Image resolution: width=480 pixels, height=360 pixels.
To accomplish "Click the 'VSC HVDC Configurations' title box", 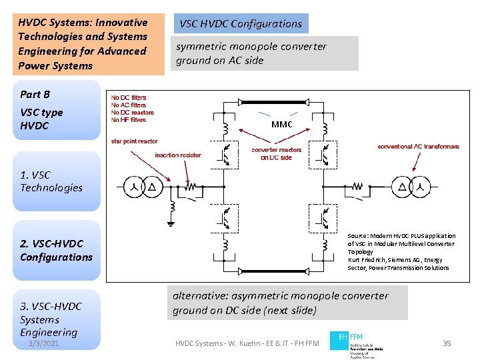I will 240,24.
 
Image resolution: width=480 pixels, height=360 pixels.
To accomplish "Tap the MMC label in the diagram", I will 281,125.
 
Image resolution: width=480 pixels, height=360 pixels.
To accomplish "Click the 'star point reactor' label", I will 135,141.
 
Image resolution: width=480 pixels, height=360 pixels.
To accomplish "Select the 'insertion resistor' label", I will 177,155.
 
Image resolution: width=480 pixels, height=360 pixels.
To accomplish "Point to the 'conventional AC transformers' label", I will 418,147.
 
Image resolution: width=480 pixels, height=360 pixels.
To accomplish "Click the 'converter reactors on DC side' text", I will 276,153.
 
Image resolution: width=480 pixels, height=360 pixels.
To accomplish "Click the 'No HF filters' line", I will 129,120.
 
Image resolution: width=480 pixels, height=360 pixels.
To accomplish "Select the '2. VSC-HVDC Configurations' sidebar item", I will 56,250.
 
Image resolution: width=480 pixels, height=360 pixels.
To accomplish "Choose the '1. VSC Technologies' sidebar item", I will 51,181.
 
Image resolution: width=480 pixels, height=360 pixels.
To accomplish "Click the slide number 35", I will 447,343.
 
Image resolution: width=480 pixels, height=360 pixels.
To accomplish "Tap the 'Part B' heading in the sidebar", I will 35,95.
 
